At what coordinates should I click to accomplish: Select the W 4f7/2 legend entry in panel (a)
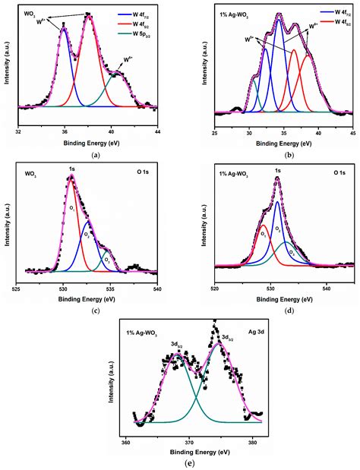tap(139, 13)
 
